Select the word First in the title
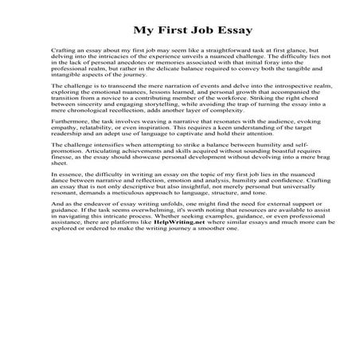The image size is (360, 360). (x=152, y=31)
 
